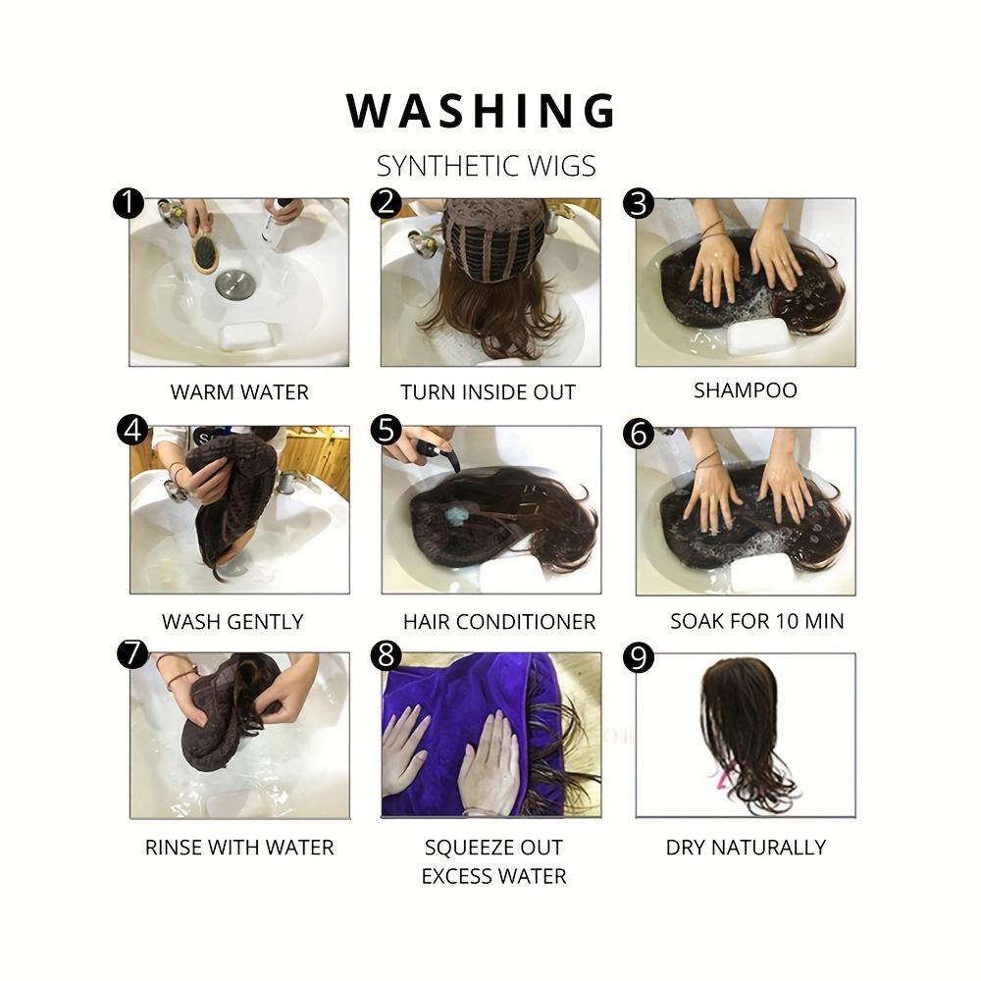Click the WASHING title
click(x=481, y=111)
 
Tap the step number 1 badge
click(x=129, y=203)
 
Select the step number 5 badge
click(x=386, y=431)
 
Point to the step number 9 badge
click(x=639, y=658)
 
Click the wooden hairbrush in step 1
click(x=205, y=252)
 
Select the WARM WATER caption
click(x=239, y=392)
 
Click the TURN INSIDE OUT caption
click(x=488, y=392)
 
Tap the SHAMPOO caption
click(x=746, y=390)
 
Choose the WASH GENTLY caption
click(x=232, y=622)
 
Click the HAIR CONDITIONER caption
click(x=499, y=622)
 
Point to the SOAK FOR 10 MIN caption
click(x=757, y=621)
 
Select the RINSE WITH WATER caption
click(x=239, y=848)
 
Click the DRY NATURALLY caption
click(x=746, y=848)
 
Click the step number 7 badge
click(x=132, y=653)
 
